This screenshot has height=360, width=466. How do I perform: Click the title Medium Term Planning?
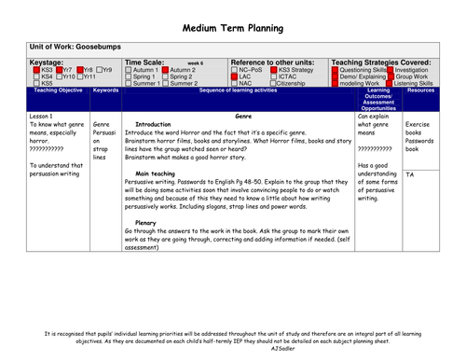232,29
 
